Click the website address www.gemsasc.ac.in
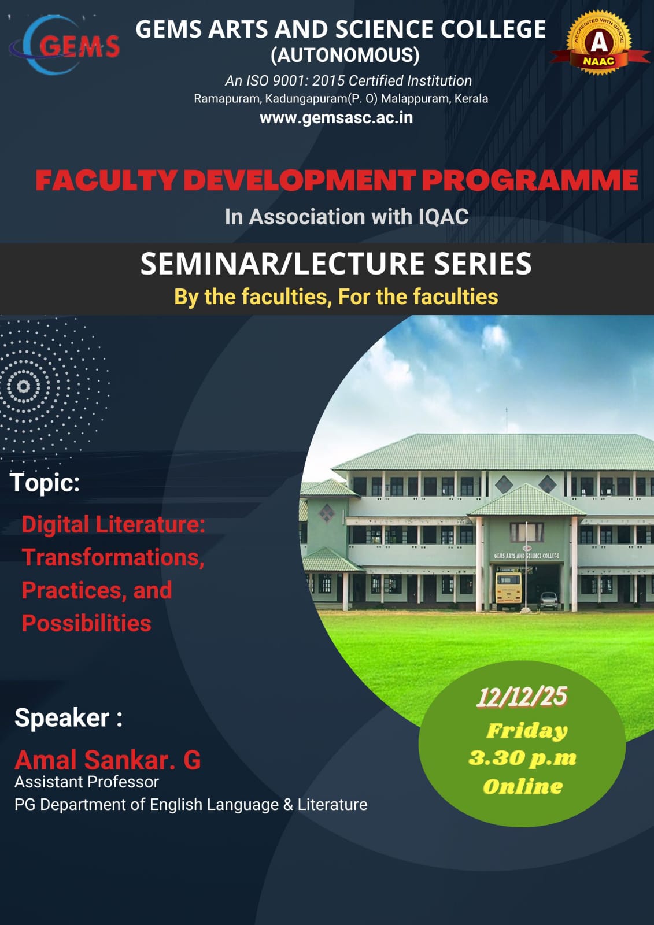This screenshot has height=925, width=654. (x=336, y=118)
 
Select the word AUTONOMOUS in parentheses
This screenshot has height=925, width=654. (x=345, y=55)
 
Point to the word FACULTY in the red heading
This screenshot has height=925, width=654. (x=106, y=180)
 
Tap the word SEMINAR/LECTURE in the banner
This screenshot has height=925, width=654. (x=284, y=264)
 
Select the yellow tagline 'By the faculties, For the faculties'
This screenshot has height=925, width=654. (x=336, y=297)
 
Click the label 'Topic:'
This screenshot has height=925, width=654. (x=45, y=482)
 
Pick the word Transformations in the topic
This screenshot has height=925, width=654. (x=112, y=557)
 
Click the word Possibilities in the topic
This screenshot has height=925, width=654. (x=87, y=623)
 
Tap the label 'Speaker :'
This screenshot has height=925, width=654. (x=68, y=718)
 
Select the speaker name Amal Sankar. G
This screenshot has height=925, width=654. (x=108, y=760)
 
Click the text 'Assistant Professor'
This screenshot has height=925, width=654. (x=87, y=782)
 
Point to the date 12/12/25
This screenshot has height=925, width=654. (x=522, y=697)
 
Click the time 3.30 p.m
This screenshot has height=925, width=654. (x=522, y=758)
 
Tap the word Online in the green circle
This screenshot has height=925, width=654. (x=523, y=786)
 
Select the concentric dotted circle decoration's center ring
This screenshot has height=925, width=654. (x=24, y=386)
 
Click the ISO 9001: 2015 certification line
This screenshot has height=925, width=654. (x=348, y=81)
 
